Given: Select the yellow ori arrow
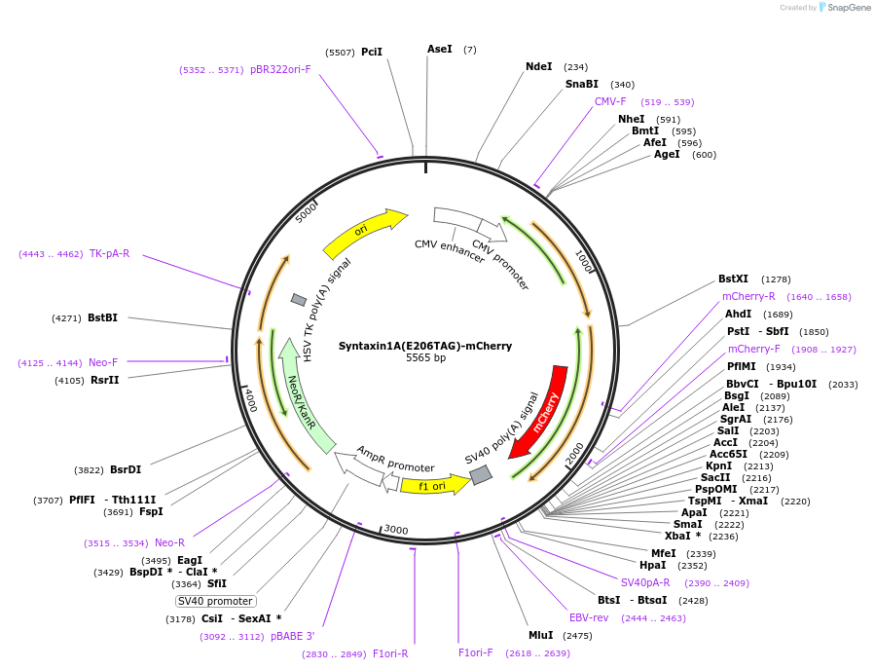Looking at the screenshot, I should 363,232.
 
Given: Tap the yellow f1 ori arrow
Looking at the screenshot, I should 432,484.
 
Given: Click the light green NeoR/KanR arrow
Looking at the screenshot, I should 303,399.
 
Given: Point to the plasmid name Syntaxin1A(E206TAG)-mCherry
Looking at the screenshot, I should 425,346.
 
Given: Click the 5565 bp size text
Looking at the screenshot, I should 425,358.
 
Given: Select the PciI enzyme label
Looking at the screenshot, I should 372,52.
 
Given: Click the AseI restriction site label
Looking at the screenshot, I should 440,49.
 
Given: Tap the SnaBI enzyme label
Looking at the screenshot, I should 582,85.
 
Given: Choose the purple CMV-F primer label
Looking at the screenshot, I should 610,101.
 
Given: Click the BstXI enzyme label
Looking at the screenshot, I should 734,279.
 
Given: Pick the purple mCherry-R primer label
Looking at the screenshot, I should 748,296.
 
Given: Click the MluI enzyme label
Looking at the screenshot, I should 540,636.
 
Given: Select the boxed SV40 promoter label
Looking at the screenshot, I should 216,601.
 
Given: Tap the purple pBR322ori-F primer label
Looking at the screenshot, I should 280,70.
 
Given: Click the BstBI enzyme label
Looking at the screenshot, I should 102,317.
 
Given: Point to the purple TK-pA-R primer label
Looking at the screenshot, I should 109,254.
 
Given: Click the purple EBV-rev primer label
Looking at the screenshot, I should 589,617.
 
